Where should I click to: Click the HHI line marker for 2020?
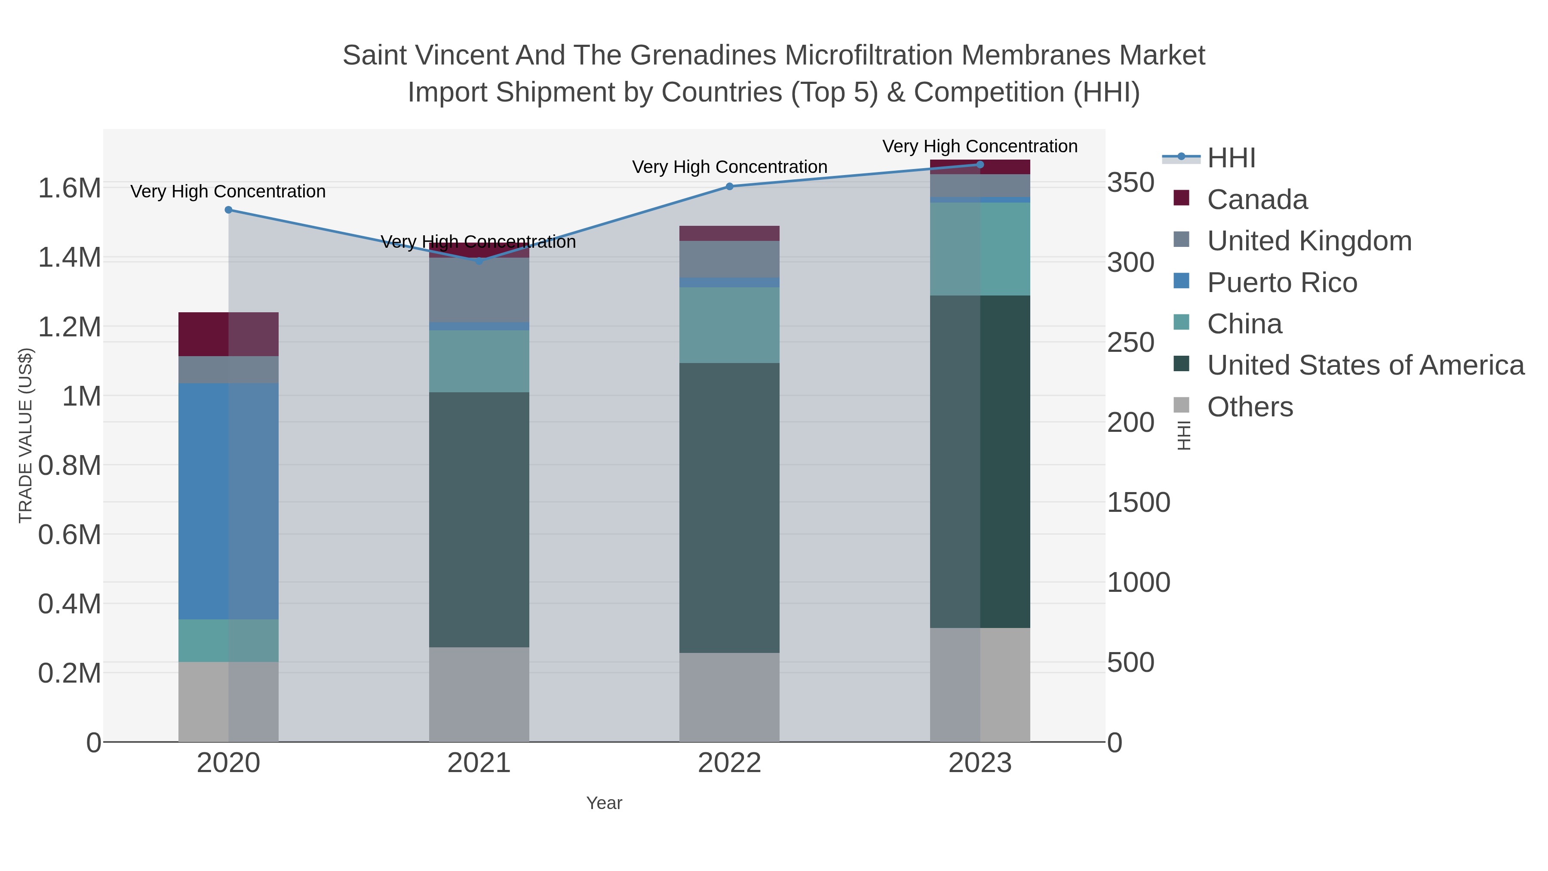(x=228, y=210)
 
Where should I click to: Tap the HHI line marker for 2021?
(x=479, y=261)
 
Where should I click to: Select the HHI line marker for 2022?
(x=730, y=186)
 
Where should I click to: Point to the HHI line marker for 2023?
(x=980, y=165)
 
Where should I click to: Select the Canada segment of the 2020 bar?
(x=228, y=334)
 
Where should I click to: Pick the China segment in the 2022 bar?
(x=730, y=325)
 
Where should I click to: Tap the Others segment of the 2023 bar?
(x=980, y=685)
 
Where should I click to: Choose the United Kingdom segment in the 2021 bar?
(x=479, y=290)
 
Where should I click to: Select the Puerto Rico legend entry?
(x=1282, y=283)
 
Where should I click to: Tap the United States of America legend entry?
(x=1365, y=366)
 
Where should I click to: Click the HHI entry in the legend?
(x=1231, y=158)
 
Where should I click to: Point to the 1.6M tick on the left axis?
(x=69, y=188)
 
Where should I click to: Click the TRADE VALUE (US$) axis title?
(x=26, y=435)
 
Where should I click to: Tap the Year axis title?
(x=604, y=803)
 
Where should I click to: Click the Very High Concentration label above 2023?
(x=980, y=146)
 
